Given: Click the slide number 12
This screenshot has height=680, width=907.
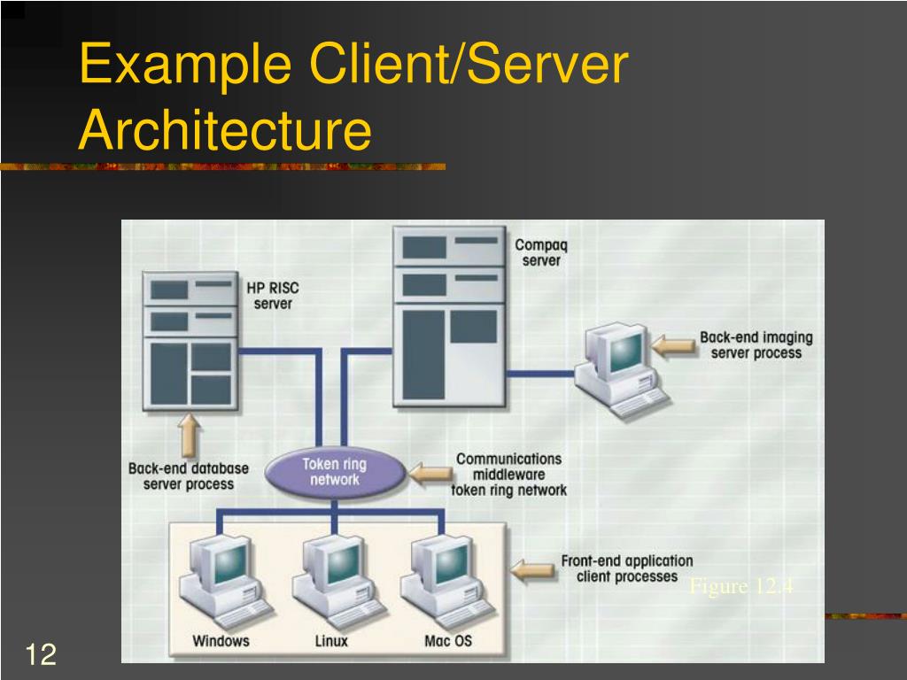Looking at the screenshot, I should [41, 655].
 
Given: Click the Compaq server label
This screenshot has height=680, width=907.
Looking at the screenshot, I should [541, 252].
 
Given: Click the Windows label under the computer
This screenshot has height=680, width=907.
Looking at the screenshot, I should [221, 640].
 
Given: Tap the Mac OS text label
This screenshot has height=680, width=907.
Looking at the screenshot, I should [448, 640].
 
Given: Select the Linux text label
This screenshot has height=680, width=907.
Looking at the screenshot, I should [331, 640].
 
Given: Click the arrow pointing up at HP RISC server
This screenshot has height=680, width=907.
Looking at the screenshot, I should [189, 436].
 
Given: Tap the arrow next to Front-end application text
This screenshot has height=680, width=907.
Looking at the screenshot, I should [533, 568].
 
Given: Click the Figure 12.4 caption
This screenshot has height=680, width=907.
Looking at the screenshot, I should [740, 587].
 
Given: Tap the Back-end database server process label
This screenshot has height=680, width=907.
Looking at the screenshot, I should [189, 476].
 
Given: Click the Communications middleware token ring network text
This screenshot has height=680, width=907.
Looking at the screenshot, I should [508, 475].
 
